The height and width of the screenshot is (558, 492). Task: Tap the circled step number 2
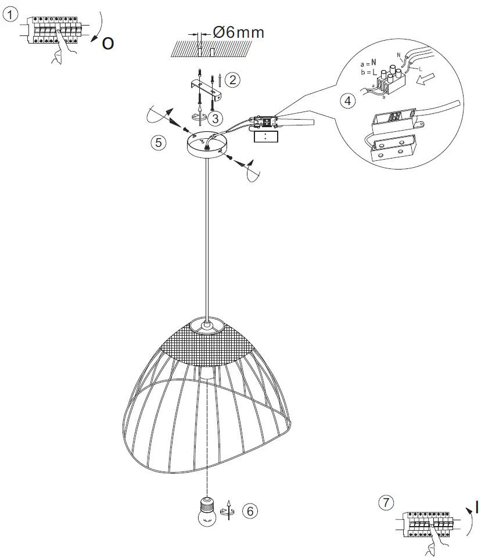point(232,80)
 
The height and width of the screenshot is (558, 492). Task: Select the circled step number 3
point(215,118)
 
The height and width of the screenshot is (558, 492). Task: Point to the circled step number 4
point(347,100)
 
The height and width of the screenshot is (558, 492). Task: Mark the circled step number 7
point(385,502)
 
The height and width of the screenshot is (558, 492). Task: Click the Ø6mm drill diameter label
point(238,33)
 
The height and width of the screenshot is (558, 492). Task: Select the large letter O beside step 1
point(107,44)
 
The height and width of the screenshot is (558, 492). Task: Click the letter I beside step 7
point(476,507)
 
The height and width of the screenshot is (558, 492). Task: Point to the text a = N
point(369,63)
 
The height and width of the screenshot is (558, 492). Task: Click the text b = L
point(368,71)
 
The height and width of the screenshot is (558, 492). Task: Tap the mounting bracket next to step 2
point(206,88)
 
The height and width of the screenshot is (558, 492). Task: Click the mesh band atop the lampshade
point(209,345)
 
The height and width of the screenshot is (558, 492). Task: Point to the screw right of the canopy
point(229,157)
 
